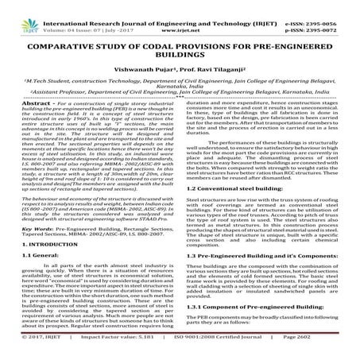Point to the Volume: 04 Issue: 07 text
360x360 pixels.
(71, 15)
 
